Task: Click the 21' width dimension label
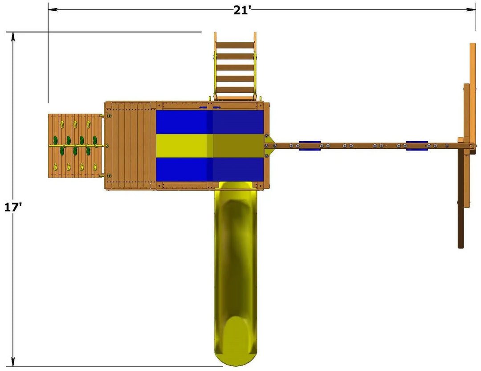tap(242, 10)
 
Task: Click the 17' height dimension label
tap(13, 207)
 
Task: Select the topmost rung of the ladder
tap(235, 45)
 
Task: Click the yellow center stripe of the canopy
tap(210, 146)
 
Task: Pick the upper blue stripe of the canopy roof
tap(210, 122)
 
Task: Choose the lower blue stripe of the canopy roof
tap(210, 169)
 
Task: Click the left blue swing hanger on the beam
tap(310, 146)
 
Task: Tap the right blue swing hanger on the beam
tap(417, 146)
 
